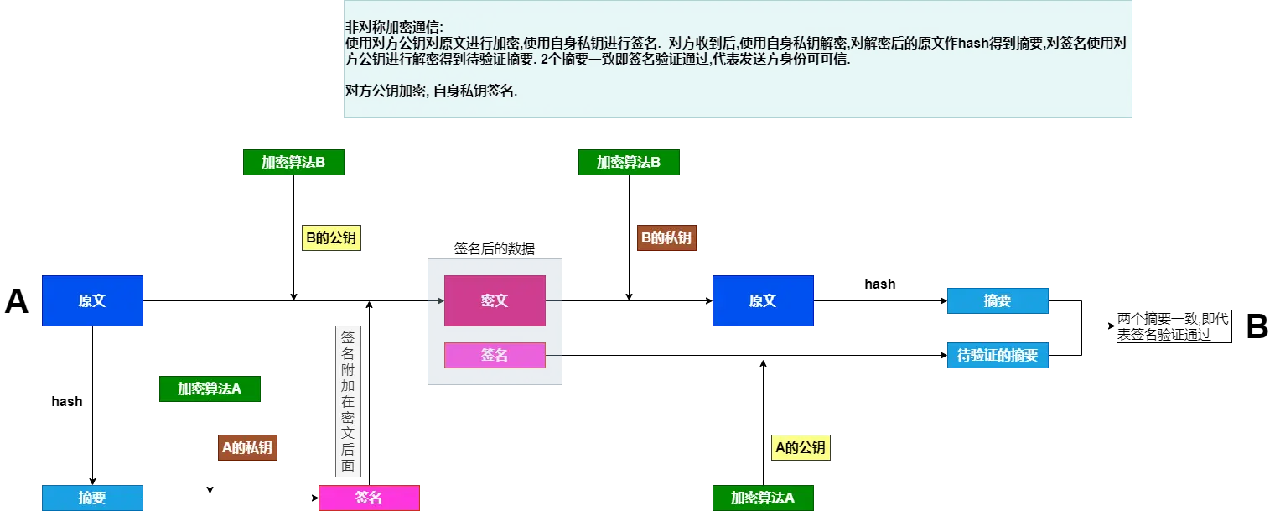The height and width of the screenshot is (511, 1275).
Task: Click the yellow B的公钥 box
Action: (x=331, y=238)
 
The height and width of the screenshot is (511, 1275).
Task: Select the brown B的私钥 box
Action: (x=666, y=238)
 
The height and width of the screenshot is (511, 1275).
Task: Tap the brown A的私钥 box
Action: (x=247, y=447)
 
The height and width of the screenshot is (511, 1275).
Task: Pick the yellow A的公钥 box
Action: (x=801, y=447)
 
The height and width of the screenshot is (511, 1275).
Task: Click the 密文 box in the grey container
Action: (x=495, y=300)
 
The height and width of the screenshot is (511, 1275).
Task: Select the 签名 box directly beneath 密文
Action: (x=495, y=355)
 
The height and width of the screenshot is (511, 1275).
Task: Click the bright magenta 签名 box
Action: (x=369, y=498)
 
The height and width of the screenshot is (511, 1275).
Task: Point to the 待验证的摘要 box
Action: (x=998, y=355)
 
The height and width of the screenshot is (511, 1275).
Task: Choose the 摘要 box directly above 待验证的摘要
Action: (x=998, y=300)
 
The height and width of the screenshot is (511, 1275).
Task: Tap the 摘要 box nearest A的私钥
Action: (x=92, y=498)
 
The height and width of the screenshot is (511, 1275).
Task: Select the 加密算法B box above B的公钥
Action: (x=293, y=162)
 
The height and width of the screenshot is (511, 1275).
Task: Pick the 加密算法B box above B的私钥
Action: (x=629, y=162)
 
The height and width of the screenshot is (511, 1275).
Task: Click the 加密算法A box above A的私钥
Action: (x=209, y=388)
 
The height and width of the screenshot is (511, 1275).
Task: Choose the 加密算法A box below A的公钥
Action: (x=763, y=498)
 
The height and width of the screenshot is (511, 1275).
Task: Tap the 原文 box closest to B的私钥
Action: (x=763, y=300)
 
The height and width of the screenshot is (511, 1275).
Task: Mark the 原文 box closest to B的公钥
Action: (x=92, y=300)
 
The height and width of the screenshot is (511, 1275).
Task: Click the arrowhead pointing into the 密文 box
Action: (x=440, y=300)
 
